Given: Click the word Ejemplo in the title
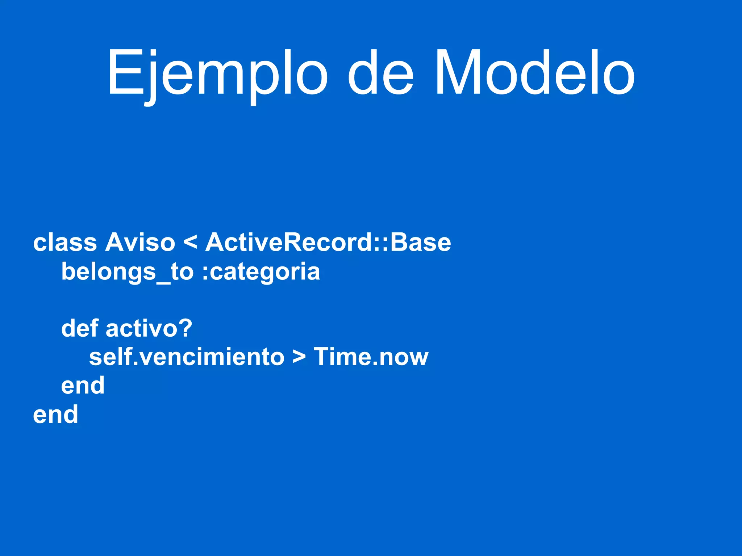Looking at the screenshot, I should coord(217,74).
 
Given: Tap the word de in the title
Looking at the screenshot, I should coord(380,74).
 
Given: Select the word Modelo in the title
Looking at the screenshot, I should coord(534,74).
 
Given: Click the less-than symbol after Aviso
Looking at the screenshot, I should coord(191,242).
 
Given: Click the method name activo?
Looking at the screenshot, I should coord(149,328).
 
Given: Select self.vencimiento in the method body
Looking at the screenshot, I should coord(187,357).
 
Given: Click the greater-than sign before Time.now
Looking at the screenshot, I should coord(299,357).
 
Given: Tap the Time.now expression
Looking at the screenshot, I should coord(371,357).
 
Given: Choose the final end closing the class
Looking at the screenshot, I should coord(55,414).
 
